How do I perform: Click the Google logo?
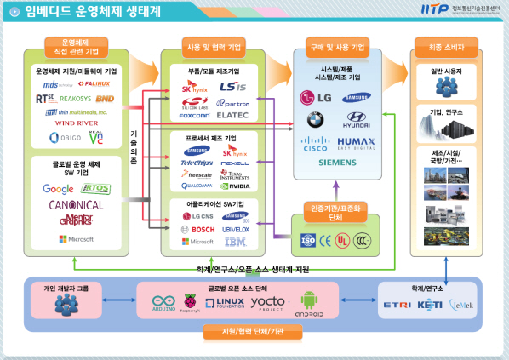(59, 189)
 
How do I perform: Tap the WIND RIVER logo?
(77, 123)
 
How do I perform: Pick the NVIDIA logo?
(235, 186)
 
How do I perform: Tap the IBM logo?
(234, 243)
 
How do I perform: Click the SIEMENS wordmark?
(337, 163)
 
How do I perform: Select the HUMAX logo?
(356, 142)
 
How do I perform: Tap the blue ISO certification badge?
(306, 239)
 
